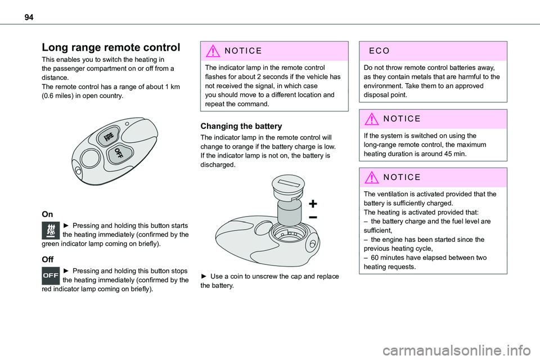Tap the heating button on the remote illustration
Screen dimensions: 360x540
coord(107,137)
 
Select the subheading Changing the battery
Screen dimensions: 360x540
coord(241,126)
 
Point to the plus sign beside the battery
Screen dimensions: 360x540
coord(312,203)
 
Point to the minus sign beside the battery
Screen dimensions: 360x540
coord(312,217)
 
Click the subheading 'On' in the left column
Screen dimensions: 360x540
coord(47,214)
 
